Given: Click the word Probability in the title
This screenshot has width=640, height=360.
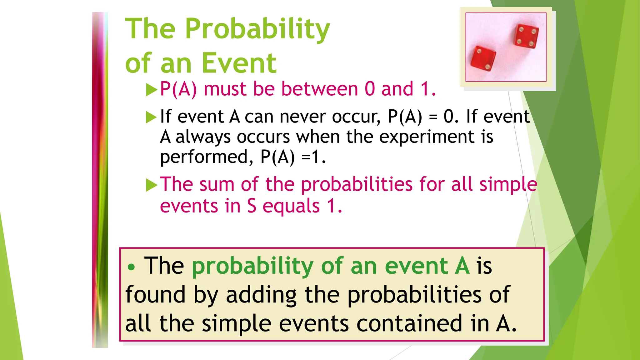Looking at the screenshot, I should [257, 29].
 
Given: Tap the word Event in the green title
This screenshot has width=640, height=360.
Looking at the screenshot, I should [239, 63].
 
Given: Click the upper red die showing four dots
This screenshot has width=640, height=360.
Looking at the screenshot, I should [527, 36].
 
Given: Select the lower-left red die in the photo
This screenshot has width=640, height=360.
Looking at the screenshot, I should [483, 59].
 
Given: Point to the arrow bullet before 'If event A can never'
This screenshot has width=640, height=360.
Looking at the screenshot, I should [152, 117].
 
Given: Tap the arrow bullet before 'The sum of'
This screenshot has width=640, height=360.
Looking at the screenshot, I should [152, 185].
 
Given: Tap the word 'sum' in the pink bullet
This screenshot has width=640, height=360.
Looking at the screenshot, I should [217, 184].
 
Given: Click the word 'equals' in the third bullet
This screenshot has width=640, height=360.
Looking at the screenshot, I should [291, 206].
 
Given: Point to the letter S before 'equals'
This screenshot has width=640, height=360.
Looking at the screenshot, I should [252, 206].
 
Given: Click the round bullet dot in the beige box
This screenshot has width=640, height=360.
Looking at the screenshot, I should [132, 267].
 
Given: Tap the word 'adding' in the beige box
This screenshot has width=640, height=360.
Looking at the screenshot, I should [261, 295].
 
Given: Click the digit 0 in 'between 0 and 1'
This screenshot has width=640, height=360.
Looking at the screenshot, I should [369, 89].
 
